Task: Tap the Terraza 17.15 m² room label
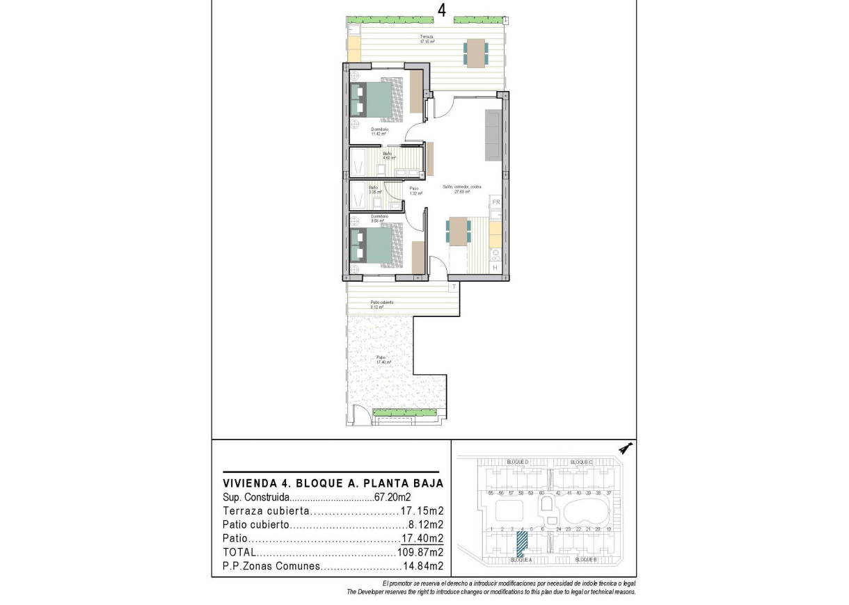[x=427, y=39]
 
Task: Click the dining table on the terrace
[x=475, y=53]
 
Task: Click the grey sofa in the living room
[x=493, y=134]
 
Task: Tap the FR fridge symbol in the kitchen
[x=496, y=202]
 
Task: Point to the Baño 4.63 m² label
[x=388, y=155]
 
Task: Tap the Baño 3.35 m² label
[x=373, y=189]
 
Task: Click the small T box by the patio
[x=454, y=286]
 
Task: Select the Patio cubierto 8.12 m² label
[x=382, y=305]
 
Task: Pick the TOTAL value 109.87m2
[x=420, y=552]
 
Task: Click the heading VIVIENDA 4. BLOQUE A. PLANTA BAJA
[x=333, y=483]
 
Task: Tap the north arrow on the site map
[x=626, y=449]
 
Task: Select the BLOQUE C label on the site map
[x=581, y=462]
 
